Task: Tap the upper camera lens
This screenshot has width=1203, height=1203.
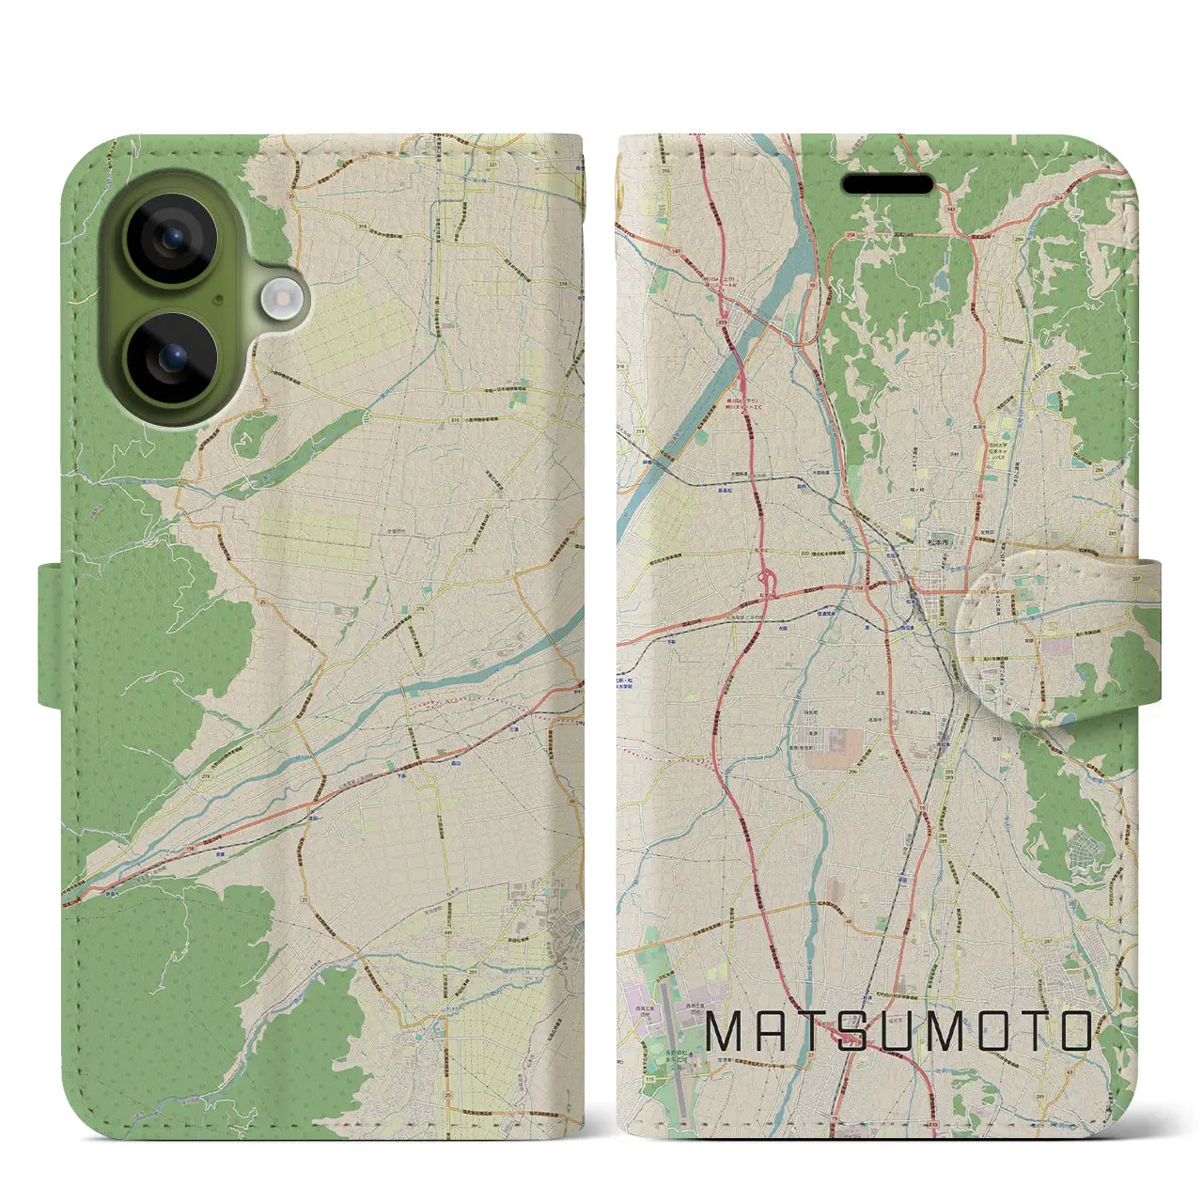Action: (172, 240)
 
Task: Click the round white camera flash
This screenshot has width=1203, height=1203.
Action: (278, 300)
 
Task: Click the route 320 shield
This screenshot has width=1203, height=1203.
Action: (776, 554)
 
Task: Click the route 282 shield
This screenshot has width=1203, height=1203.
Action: (1070, 369)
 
